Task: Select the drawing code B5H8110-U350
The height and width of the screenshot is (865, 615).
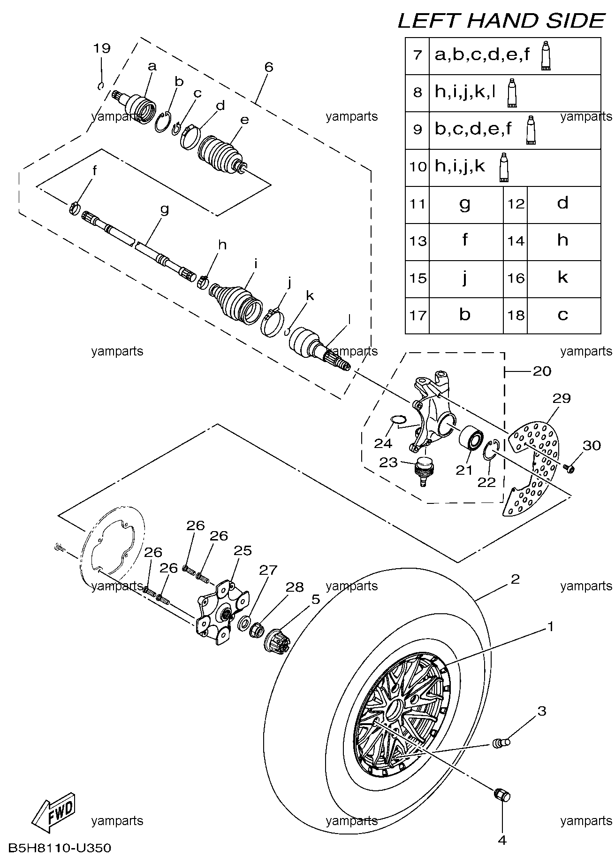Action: pyautogui.click(x=60, y=848)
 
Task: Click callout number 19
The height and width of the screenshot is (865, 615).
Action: pyautogui.click(x=101, y=48)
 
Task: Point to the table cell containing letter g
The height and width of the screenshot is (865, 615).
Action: pyautogui.click(x=465, y=204)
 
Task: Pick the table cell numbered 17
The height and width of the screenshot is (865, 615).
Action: pyautogui.click(x=417, y=315)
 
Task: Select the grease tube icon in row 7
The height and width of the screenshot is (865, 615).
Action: pyautogui.click(x=546, y=56)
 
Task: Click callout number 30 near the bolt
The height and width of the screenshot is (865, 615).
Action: pyautogui.click(x=592, y=445)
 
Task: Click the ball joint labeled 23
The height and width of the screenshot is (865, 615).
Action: pyautogui.click(x=424, y=470)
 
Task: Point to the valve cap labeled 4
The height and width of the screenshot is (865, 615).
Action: pyautogui.click(x=502, y=796)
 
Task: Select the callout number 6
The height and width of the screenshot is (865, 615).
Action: pyautogui.click(x=268, y=67)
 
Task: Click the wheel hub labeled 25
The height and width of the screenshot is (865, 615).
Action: pyautogui.click(x=222, y=614)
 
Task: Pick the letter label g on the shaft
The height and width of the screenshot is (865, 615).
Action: pyautogui.click(x=164, y=209)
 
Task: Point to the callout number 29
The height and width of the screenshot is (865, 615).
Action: pyautogui.click(x=561, y=399)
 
